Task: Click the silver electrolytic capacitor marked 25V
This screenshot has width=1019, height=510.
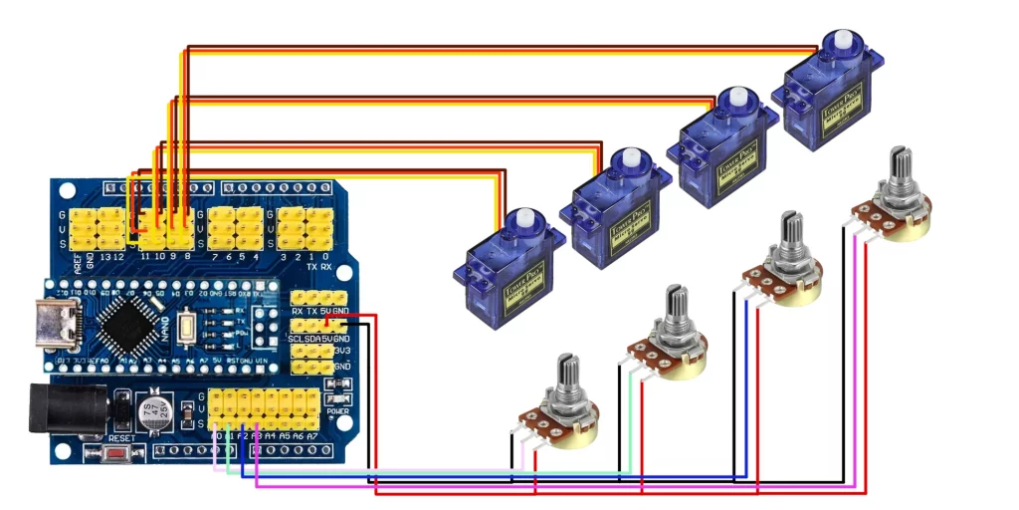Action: [x=155, y=412]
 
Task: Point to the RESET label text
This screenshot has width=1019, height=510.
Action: [x=121, y=438]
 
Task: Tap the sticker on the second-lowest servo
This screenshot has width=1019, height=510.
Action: [x=629, y=220]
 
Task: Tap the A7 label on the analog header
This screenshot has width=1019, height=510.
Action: [x=311, y=436]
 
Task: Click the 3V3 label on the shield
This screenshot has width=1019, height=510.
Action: [x=344, y=351]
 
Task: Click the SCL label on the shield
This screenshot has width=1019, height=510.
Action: [x=295, y=339]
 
